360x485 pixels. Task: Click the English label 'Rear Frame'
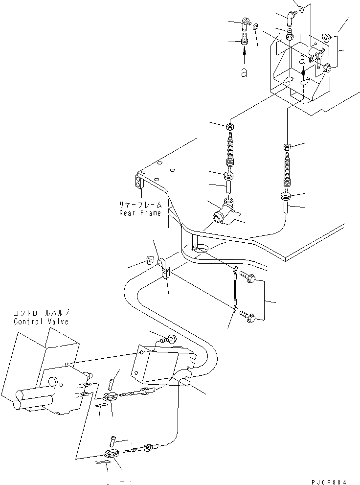(x=140, y=213)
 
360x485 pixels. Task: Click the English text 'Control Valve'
(x=42, y=322)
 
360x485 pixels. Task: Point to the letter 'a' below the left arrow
(x=244, y=72)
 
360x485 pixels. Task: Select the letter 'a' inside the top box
(x=303, y=61)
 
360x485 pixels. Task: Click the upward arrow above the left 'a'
(x=244, y=54)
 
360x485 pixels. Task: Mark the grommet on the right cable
(x=287, y=197)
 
